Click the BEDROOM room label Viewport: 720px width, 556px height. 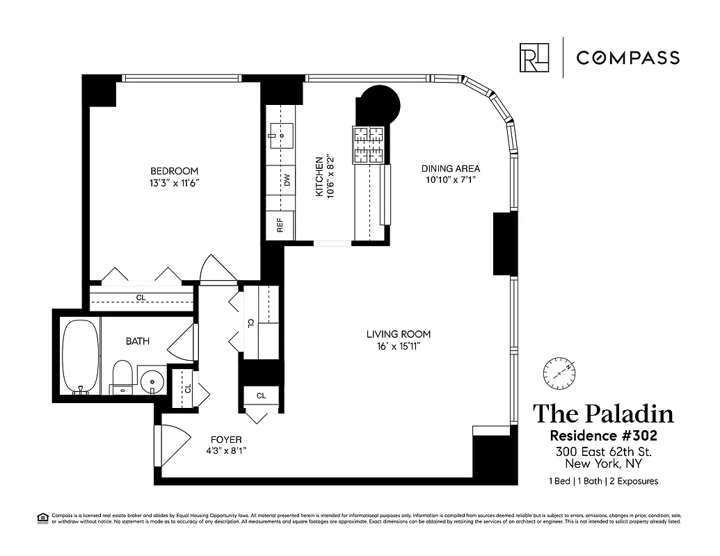174,171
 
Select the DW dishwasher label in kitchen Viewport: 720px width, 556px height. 286,180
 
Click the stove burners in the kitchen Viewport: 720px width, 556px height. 369,144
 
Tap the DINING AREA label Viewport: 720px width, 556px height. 450,168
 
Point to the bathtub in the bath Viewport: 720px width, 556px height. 81,356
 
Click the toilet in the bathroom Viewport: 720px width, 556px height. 122,375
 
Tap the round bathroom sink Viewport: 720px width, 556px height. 152,382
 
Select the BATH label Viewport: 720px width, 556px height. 137,341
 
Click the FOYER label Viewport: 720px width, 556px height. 225,439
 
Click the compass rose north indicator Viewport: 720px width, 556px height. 560,373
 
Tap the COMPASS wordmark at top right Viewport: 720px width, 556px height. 627,58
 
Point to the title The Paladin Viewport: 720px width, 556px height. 603,414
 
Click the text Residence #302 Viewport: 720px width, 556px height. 603,436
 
